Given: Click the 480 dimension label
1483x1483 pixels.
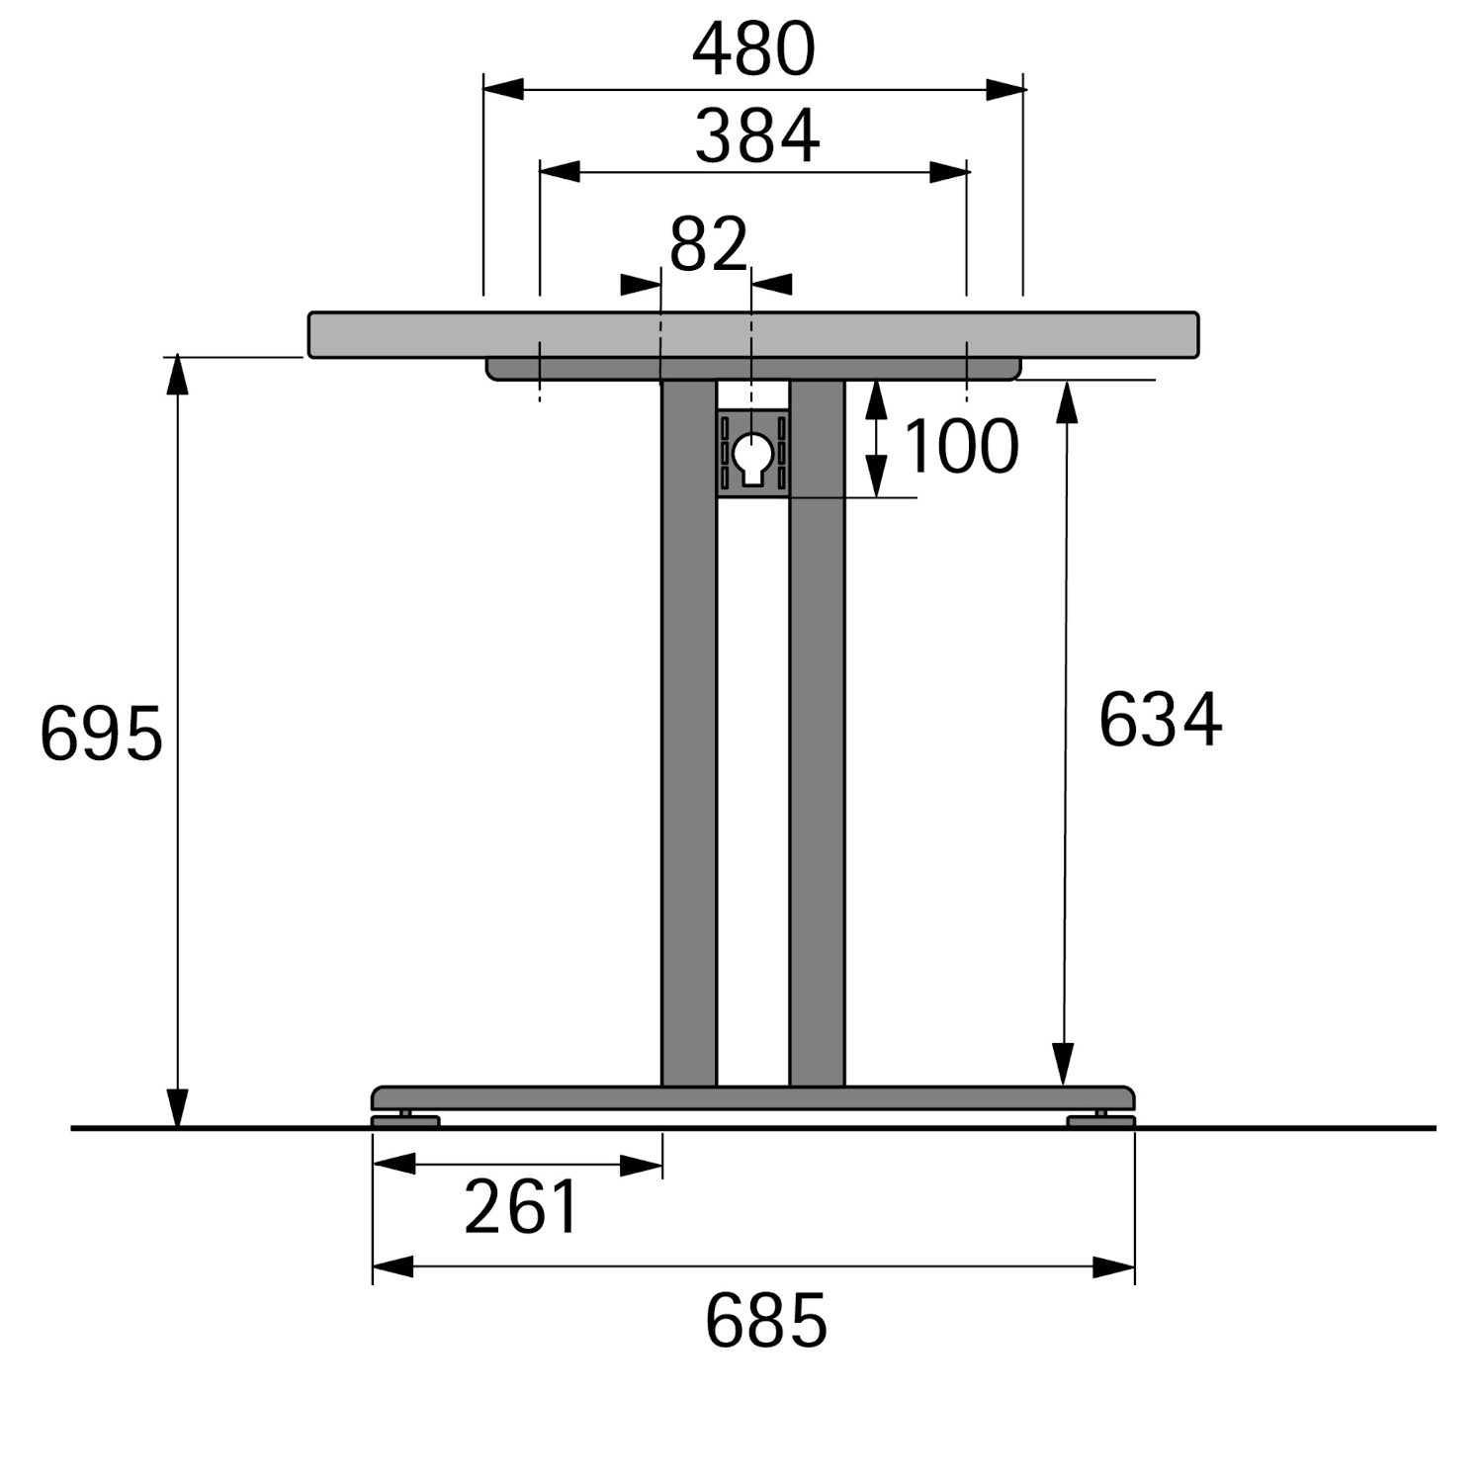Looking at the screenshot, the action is [753, 50].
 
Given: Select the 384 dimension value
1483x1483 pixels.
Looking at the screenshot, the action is [757, 136].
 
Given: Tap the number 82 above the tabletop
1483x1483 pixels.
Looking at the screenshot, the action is [708, 244].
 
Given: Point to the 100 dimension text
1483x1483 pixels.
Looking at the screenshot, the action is [961, 447].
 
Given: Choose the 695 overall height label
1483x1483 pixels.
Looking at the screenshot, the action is [101, 735].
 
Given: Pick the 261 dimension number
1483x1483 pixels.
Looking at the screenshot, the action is [521, 1207].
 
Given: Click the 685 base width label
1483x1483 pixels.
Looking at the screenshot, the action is [766, 1321].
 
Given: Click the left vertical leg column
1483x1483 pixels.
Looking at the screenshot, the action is [689, 733].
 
